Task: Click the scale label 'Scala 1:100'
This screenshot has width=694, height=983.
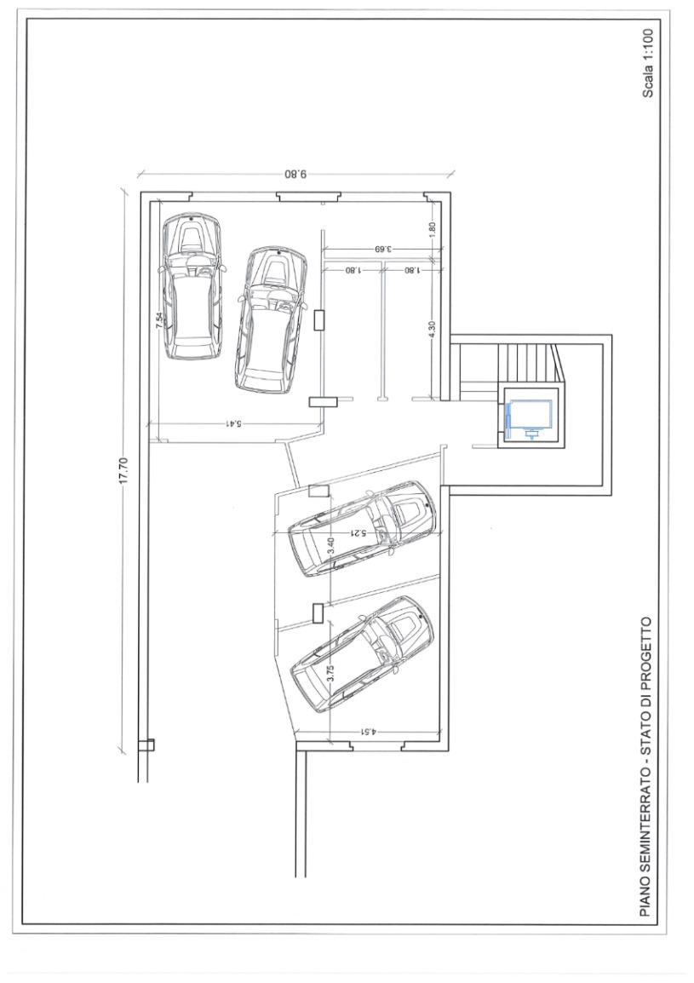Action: pos(648,63)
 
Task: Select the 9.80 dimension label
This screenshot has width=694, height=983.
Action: pos(295,174)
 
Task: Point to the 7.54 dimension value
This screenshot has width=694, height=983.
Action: pos(159,320)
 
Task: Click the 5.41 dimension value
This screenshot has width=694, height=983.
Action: pos(234,424)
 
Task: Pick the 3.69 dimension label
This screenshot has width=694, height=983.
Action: pos(383,249)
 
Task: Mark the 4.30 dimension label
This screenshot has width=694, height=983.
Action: pos(432,330)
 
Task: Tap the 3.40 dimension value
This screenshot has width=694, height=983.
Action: pos(331,545)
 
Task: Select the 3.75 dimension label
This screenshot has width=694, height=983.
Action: pos(331,673)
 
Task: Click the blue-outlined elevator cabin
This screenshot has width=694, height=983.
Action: pos(531,418)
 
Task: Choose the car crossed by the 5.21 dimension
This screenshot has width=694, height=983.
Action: pos(361,528)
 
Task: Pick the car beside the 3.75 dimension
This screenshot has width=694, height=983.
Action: pos(363,654)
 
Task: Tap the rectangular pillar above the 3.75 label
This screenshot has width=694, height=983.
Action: pos(318,612)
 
